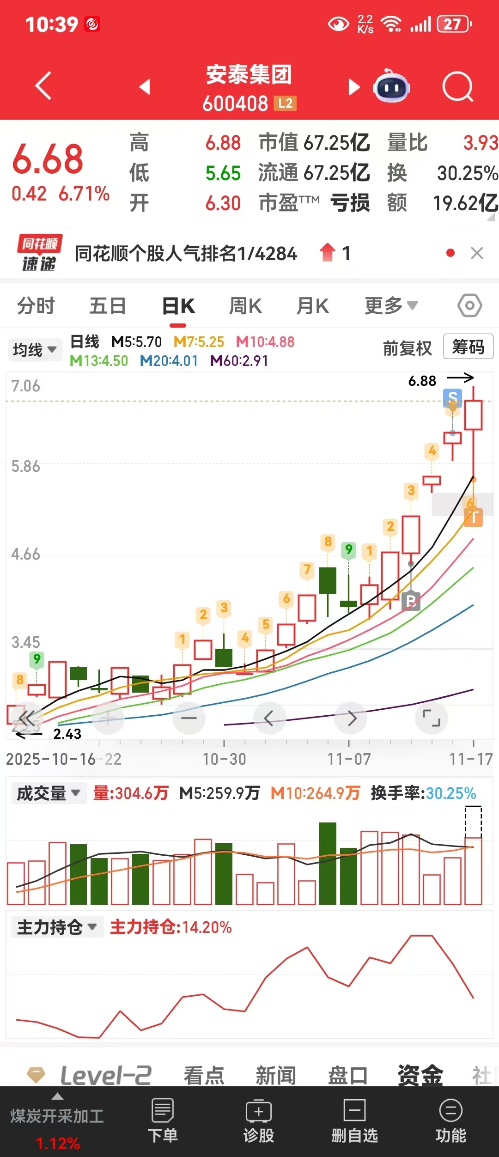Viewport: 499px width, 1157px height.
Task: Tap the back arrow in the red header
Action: pos(43,86)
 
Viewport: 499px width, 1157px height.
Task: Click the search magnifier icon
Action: pos(457,86)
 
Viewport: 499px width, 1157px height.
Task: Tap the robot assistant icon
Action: pos(391,86)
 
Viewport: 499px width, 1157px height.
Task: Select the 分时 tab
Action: pos(36,306)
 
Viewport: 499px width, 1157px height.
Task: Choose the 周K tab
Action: pos(245,306)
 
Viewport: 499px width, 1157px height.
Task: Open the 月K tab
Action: pos(313,306)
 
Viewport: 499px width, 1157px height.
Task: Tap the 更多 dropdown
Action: pos(391,305)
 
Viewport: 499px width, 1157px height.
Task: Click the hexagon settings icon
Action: pos(470,305)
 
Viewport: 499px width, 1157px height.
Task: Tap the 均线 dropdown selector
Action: pos(35,350)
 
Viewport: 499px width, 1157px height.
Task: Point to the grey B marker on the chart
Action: pos(411,601)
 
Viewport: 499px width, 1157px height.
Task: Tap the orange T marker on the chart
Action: pos(474,517)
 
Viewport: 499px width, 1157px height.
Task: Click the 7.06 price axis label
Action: pos(26,386)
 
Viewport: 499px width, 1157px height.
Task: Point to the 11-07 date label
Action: pos(349,759)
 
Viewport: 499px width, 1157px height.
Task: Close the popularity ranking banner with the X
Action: pos(477,253)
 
